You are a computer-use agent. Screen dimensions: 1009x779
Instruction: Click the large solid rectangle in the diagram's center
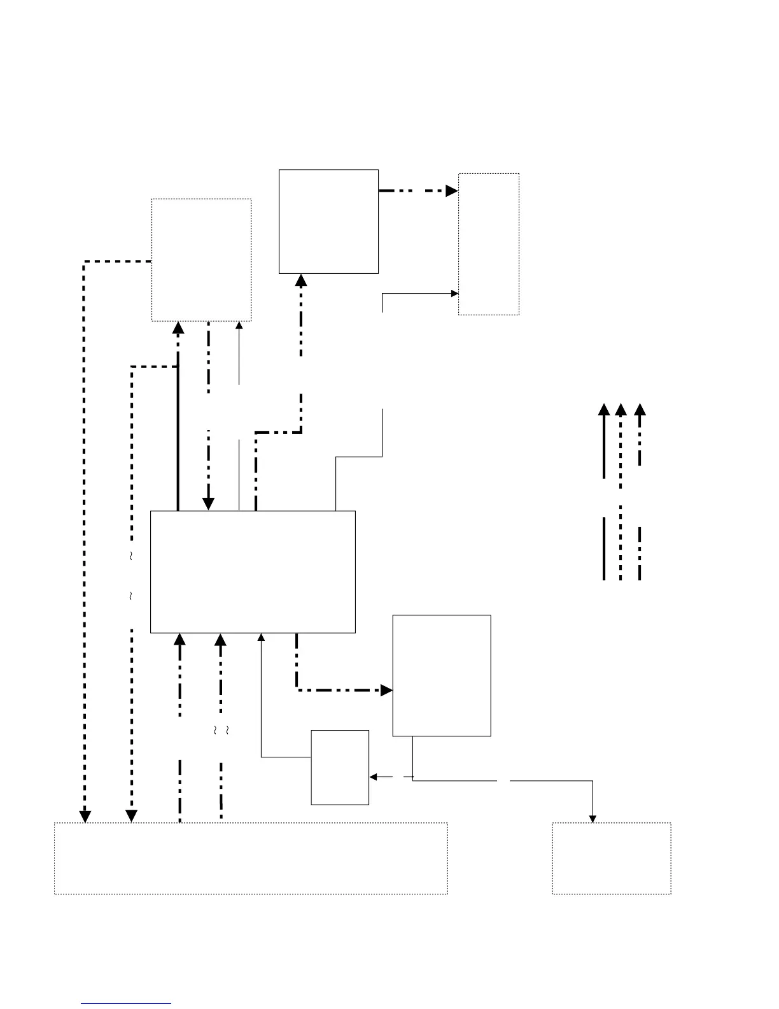click(x=253, y=571)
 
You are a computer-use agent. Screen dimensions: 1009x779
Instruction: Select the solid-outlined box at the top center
click(x=328, y=222)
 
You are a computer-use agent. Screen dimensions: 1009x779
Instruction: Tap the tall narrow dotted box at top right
click(x=489, y=244)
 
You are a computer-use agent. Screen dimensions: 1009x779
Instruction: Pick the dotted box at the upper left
click(x=201, y=260)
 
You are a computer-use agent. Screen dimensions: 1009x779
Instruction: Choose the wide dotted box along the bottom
click(x=251, y=858)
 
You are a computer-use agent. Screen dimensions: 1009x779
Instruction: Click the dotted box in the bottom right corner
click(x=612, y=858)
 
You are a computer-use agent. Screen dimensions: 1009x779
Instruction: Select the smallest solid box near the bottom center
click(x=340, y=767)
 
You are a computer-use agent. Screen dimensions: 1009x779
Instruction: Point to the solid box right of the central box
click(x=442, y=675)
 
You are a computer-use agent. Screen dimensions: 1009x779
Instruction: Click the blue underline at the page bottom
click(x=126, y=1004)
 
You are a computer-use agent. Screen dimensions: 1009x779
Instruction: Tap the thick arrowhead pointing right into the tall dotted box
click(x=452, y=190)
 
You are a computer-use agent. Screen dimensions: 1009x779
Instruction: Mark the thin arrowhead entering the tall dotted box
click(x=454, y=294)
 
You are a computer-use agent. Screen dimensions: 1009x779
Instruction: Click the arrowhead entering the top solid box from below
click(x=301, y=280)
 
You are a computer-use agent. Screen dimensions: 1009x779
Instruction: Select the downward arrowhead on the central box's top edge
click(x=208, y=504)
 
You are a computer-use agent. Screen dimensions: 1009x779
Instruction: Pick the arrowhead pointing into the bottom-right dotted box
click(x=593, y=819)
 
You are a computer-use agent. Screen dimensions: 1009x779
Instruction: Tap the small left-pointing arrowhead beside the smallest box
click(x=374, y=776)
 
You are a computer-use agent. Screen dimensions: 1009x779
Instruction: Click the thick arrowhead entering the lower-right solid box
click(x=386, y=690)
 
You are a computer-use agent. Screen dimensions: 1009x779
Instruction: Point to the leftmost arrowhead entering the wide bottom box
click(x=85, y=816)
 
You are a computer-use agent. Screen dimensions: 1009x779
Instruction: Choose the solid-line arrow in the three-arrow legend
click(x=604, y=440)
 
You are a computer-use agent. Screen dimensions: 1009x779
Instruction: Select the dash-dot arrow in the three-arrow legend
click(x=640, y=433)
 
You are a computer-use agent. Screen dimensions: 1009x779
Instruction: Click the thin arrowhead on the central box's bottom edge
click(x=261, y=637)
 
